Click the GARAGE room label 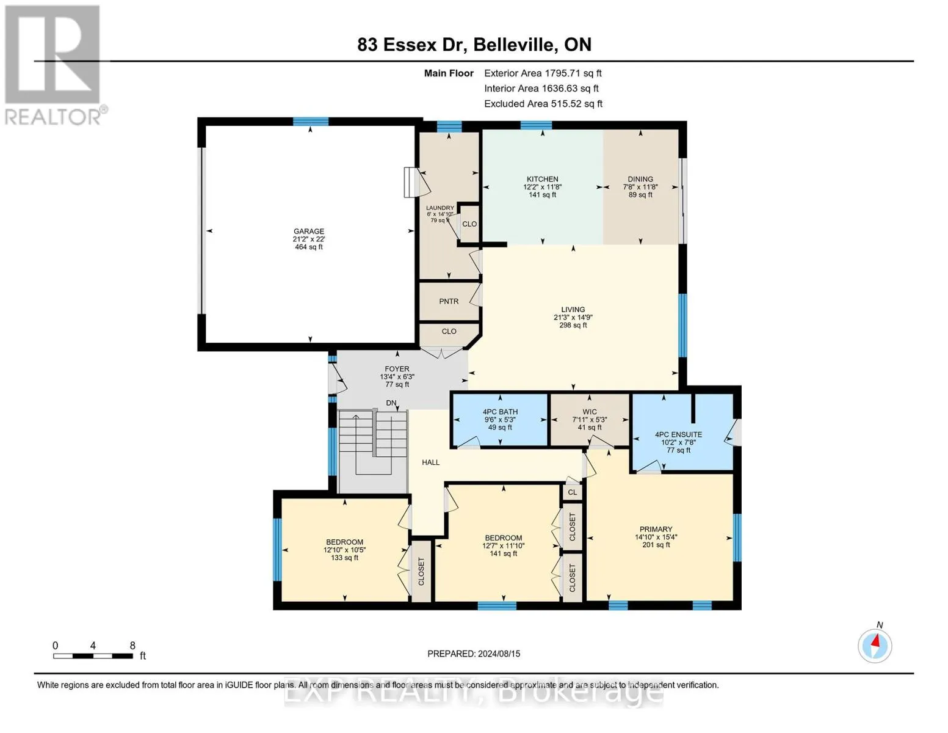(x=308, y=232)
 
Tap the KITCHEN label (x=542, y=180)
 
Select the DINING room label (x=640, y=180)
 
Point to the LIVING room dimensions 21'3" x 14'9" (x=573, y=318)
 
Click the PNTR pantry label (x=449, y=301)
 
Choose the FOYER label (x=397, y=369)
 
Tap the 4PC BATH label (x=500, y=412)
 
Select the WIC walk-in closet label (x=589, y=412)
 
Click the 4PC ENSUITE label (x=678, y=435)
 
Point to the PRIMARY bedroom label (x=656, y=530)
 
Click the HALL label (x=430, y=462)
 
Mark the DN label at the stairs (x=391, y=403)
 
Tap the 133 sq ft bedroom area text (x=344, y=558)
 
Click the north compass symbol (x=875, y=645)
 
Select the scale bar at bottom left (x=93, y=656)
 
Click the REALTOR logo (x=54, y=64)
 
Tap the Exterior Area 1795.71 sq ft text (x=543, y=73)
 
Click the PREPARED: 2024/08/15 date (x=474, y=654)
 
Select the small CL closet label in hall (x=572, y=492)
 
